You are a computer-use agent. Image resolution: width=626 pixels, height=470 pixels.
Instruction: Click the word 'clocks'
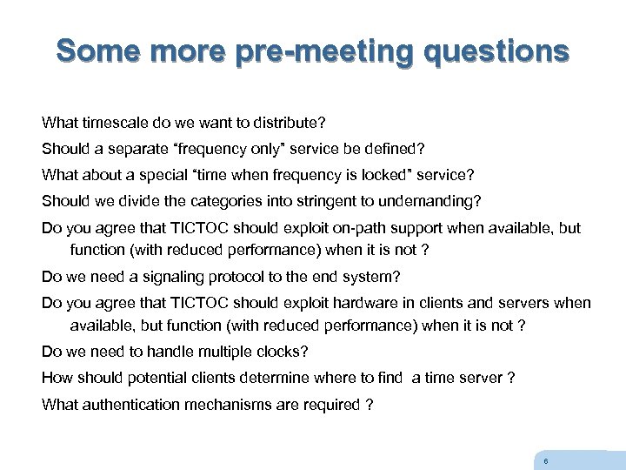279,352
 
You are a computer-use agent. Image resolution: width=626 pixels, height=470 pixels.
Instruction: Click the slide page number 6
544,461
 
